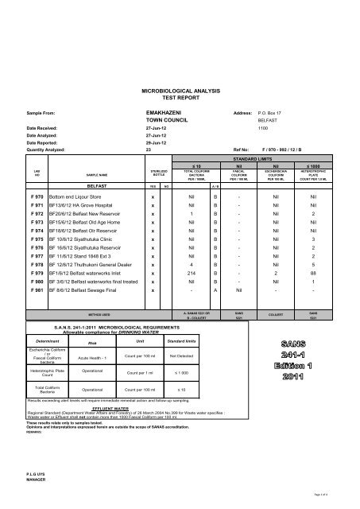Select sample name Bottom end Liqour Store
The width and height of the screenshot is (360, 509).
coord(81,194)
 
